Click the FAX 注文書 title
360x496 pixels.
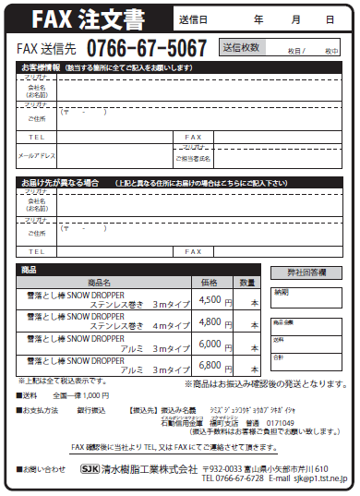pyautogui.click(x=90, y=18)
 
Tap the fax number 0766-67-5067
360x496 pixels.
pyautogui.click(x=147, y=49)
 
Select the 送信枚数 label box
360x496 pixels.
pyautogui.click(x=241, y=47)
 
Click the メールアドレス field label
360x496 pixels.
pyautogui.click(x=37, y=156)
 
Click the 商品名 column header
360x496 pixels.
pyautogui.click(x=100, y=282)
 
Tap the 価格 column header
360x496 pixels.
pyautogui.click(x=210, y=282)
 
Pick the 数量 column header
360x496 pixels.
pyautogui.click(x=246, y=282)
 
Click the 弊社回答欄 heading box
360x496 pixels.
pyautogui.click(x=307, y=273)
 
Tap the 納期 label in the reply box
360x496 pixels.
pyautogui.click(x=281, y=292)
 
